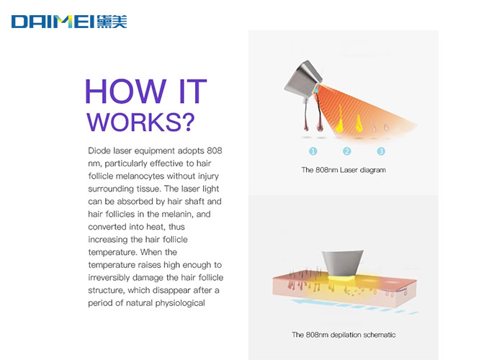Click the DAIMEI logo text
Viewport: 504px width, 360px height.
coord(53,22)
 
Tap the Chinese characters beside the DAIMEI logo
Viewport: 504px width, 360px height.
coord(112,22)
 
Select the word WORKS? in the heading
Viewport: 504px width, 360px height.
coord(141,122)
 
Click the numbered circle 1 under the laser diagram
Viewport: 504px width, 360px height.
coord(313,151)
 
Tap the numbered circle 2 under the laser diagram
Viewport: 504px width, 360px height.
coord(347,151)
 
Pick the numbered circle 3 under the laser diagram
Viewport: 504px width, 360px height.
coord(381,151)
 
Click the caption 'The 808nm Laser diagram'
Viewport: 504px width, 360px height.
coord(343,170)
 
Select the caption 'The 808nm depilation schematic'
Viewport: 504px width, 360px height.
coord(343,335)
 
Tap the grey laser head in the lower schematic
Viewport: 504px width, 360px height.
coord(343,263)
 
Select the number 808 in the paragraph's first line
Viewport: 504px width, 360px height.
coord(215,150)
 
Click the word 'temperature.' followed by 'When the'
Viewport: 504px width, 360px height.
coord(113,252)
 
